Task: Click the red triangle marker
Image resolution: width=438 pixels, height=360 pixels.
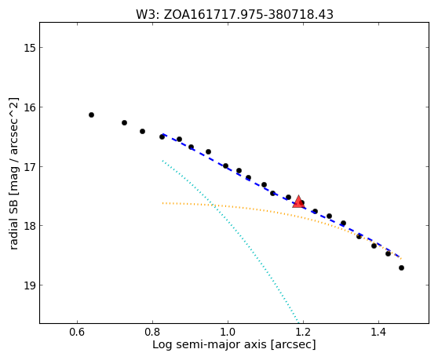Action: pos(298,202)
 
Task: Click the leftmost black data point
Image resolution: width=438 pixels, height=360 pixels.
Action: pos(91,115)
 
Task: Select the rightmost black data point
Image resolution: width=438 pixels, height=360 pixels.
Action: pos(401,268)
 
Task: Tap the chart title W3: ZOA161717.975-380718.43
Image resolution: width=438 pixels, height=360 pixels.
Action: pos(235,15)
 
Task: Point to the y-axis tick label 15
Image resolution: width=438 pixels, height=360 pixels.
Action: pos(30,48)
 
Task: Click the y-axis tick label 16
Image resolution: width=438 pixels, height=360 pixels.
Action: pos(30,107)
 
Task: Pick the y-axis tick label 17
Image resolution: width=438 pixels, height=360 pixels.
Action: pos(30,166)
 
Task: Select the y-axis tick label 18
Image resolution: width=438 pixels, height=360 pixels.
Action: pos(30,225)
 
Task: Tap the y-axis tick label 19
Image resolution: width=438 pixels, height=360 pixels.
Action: pos(30,285)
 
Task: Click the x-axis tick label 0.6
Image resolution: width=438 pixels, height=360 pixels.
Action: pos(77,333)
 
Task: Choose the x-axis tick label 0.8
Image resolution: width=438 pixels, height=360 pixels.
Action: pos(152,333)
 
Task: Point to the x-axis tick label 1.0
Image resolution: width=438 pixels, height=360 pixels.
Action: pos(228,333)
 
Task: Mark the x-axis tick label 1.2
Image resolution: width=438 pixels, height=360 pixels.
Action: pos(303,333)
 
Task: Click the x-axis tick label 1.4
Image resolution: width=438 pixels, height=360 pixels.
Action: pos(378,333)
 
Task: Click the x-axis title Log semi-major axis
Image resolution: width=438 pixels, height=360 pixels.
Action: pos(210,345)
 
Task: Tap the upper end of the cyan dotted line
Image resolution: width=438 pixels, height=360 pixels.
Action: pos(162,161)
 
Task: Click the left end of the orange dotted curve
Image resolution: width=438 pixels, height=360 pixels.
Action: pos(162,203)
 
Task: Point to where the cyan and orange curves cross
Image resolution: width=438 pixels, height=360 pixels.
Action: pos(213,205)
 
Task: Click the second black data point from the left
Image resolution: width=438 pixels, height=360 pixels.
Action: pos(124,122)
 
